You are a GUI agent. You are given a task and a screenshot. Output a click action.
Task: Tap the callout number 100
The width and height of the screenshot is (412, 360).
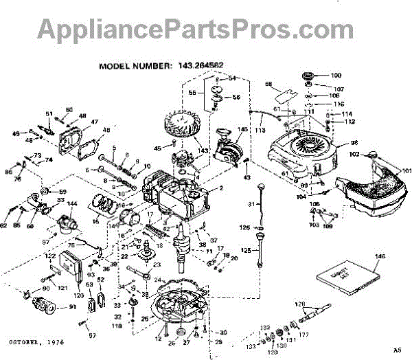(336, 75)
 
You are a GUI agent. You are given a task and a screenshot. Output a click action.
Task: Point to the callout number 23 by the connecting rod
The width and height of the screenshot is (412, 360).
(157, 265)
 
